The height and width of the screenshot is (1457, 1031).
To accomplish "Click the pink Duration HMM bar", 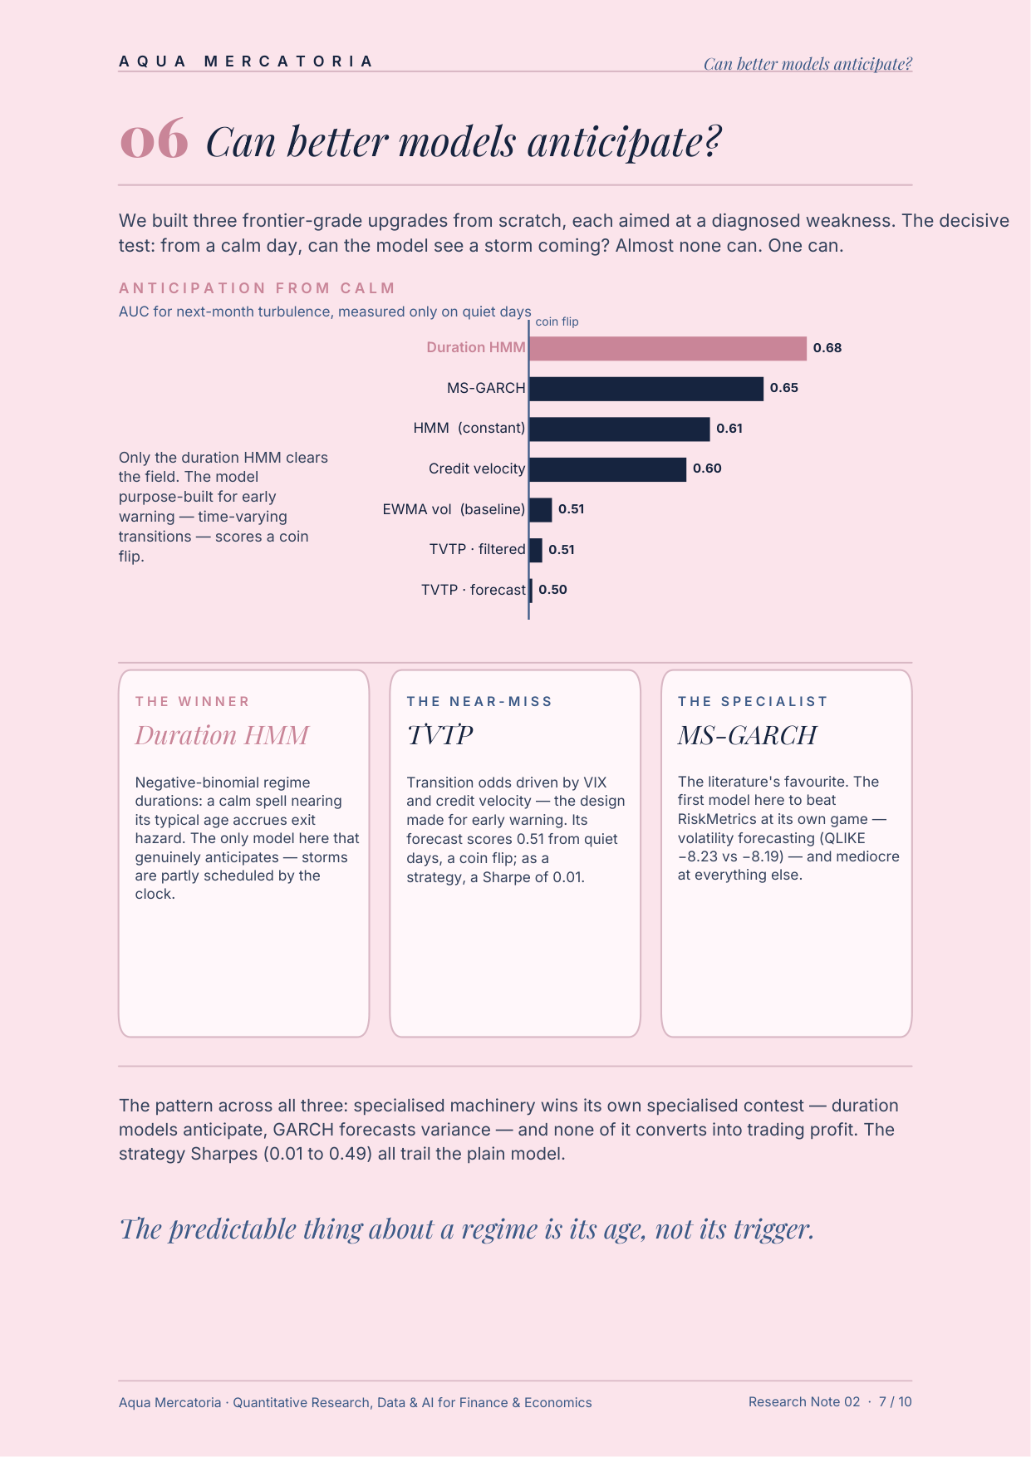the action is (x=668, y=348).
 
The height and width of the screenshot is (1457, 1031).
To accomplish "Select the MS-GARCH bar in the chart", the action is (x=646, y=389).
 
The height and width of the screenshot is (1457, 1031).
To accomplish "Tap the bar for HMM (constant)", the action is (x=620, y=429).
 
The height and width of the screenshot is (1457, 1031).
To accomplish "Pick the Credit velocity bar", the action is (x=608, y=469).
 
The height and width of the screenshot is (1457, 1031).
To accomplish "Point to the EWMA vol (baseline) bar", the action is (x=541, y=509).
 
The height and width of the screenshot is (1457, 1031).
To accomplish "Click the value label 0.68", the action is (x=827, y=348).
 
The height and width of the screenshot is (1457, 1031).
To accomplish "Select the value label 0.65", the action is (x=784, y=388).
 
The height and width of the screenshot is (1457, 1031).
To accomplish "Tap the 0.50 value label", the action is (x=552, y=590).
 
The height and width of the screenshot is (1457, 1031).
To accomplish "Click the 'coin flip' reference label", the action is (x=557, y=321).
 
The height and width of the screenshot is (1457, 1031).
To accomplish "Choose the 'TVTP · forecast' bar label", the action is (x=474, y=590).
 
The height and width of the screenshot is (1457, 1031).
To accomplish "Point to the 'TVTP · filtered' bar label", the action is (x=478, y=549).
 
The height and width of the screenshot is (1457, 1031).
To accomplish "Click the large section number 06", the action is (x=155, y=140).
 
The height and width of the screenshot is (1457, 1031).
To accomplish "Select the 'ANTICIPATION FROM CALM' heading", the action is (x=258, y=288).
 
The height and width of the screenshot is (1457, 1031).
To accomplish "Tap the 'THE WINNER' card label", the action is (x=193, y=702).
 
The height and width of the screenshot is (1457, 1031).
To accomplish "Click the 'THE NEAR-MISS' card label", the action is (x=479, y=702).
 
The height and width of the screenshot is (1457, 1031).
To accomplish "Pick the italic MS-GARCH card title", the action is (x=747, y=735).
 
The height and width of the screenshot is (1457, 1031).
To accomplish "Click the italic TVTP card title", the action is (x=439, y=735).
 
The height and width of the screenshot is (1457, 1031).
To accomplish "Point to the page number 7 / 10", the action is (x=896, y=1401).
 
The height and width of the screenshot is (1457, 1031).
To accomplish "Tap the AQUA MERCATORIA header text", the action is (x=247, y=61).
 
